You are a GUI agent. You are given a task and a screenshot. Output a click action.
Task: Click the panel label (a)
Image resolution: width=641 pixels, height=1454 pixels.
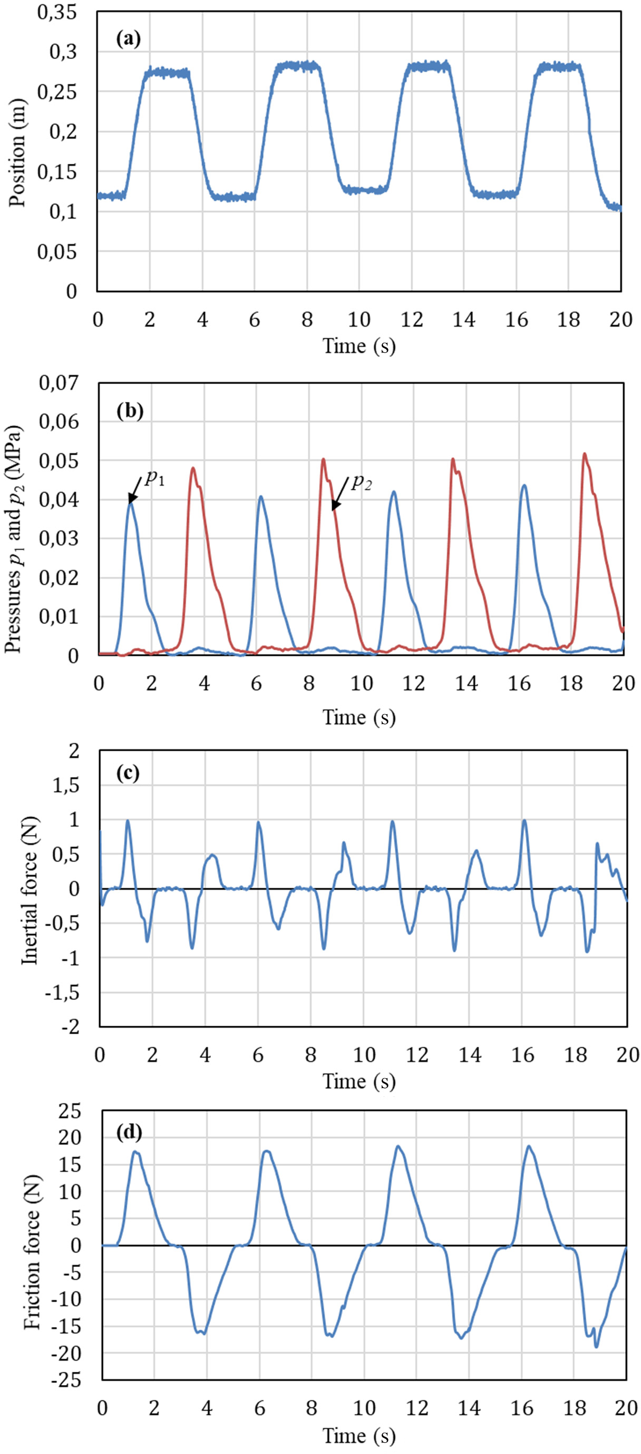click(128, 39)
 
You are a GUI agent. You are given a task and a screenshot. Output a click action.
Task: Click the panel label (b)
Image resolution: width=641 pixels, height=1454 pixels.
click(130, 411)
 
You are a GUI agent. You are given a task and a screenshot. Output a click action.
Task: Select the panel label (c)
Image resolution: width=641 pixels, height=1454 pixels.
click(128, 773)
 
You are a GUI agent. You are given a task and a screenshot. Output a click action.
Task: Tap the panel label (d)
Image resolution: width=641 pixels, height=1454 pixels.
click(130, 1132)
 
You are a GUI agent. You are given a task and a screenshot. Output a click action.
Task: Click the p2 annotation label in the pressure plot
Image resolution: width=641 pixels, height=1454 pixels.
click(362, 483)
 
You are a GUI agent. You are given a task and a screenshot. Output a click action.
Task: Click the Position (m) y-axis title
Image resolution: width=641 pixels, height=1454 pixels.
click(17, 152)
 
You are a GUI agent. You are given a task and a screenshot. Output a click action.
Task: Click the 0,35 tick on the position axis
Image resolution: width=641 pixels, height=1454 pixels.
click(56, 13)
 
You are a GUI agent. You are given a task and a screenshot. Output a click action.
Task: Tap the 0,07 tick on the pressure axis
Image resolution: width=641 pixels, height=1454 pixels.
click(59, 384)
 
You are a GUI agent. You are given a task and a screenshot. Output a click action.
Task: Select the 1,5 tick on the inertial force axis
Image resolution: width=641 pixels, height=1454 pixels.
click(66, 785)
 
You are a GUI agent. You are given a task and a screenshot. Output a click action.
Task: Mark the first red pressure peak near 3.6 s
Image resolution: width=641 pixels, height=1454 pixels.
click(193, 468)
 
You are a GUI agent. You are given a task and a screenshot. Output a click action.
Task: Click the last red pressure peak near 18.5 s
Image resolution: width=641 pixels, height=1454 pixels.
click(584, 454)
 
